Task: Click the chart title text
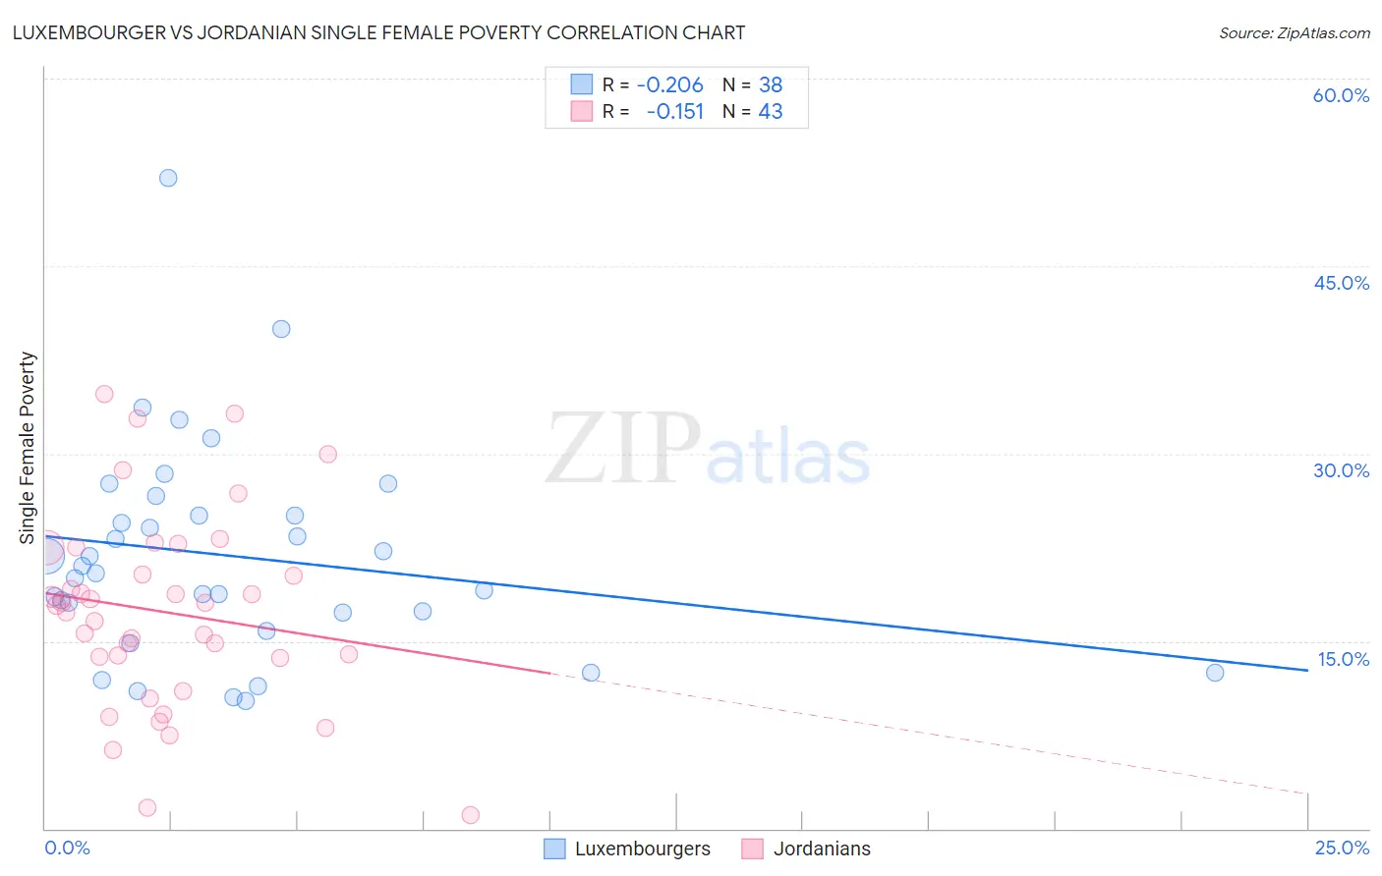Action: (x=378, y=32)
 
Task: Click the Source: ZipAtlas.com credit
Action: (x=1294, y=32)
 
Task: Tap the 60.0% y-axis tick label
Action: (x=1341, y=95)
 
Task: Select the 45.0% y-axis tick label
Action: (x=1341, y=283)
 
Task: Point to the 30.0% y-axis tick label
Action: (x=1341, y=470)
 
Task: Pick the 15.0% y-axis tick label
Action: (x=1341, y=659)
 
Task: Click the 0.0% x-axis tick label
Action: (x=67, y=848)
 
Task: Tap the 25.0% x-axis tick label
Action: (x=1341, y=848)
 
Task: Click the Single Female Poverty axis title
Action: (x=28, y=448)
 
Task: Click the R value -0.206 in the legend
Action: (x=669, y=84)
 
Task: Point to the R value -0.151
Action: (x=674, y=111)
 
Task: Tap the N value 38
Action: (x=771, y=84)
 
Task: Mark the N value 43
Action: (x=771, y=111)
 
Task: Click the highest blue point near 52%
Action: (x=168, y=178)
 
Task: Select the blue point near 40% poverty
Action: (x=281, y=329)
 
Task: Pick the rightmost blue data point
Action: (x=1215, y=673)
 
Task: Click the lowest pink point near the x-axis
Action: (x=470, y=815)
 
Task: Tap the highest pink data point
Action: (x=104, y=394)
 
